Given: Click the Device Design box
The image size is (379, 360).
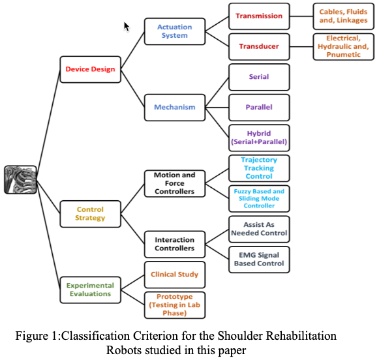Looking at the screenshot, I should [90, 69].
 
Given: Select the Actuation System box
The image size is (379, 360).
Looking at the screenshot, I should [174, 31].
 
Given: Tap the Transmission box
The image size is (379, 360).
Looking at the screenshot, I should [259, 16].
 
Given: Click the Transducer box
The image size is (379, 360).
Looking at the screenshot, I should [259, 47].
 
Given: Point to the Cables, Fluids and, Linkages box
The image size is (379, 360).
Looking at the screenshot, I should [343, 16].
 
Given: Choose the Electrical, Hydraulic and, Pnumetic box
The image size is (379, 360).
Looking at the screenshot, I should [343, 47].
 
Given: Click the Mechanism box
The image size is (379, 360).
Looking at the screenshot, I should [174, 107].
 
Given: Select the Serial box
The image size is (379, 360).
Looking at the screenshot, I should [259, 77].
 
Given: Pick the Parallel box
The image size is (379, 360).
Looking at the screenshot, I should [259, 107].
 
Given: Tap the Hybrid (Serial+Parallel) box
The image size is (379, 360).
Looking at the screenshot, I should [259, 138].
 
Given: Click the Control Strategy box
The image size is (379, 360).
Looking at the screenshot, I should [90, 214].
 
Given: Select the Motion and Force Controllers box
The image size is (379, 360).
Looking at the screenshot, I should [174, 183].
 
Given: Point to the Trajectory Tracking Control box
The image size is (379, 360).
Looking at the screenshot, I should [259, 168].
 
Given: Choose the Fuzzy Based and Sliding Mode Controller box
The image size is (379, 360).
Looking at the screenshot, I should [259, 199].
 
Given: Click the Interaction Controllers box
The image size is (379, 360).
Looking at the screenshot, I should [174, 244].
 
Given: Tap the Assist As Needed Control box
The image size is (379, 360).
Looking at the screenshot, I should [259, 228].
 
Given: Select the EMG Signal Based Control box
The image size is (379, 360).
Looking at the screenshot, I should [259, 259].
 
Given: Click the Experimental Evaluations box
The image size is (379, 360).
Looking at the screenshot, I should [90, 290].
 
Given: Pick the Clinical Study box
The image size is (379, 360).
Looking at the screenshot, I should [174, 275].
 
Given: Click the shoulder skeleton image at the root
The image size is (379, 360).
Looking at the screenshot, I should [20, 179].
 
